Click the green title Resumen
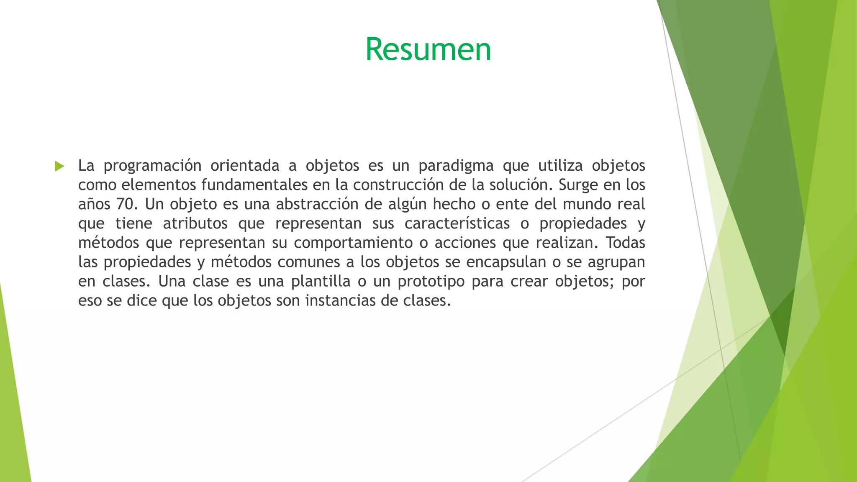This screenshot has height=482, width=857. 428,49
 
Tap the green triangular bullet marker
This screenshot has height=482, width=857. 59,166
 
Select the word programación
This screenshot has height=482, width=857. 152,166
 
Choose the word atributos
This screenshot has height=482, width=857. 195,223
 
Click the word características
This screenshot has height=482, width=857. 457,223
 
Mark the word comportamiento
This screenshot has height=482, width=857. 353,243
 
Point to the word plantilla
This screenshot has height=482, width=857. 321,281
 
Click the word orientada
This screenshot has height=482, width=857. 245,166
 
